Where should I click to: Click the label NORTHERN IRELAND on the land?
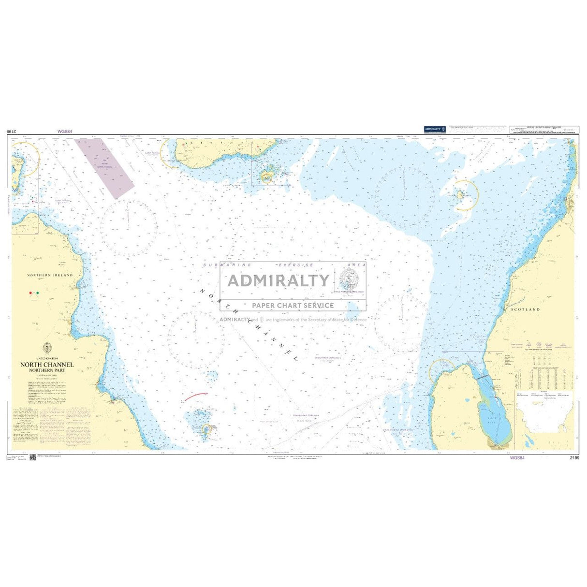pos(50,275)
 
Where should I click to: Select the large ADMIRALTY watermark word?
pos(278,280)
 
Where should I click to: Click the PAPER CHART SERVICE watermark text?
pos(293,305)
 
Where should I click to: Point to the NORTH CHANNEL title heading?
pos(47,365)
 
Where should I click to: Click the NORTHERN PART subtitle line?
pos(46,370)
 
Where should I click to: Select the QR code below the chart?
pos(33,457)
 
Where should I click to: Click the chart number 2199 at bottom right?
pos(574,458)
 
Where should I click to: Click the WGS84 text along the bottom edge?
pos(517,458)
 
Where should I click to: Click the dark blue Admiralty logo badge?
pos(435,129)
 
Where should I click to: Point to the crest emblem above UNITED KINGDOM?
pos(47,347)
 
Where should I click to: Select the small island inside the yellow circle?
pos(459,194)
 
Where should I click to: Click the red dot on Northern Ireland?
pos(31,293)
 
